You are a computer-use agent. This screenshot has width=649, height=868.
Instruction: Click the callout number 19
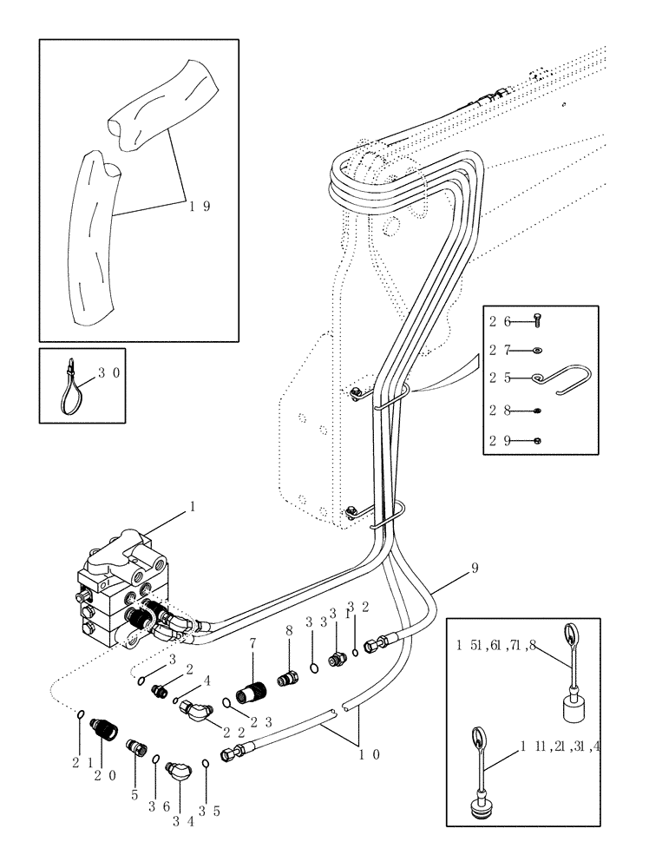[200, 206]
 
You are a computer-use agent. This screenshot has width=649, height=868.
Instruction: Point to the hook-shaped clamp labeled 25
[555, 375]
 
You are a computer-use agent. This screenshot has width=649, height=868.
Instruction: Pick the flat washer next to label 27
[537, 350]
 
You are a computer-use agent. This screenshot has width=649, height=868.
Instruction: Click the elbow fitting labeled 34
[179, 769]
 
